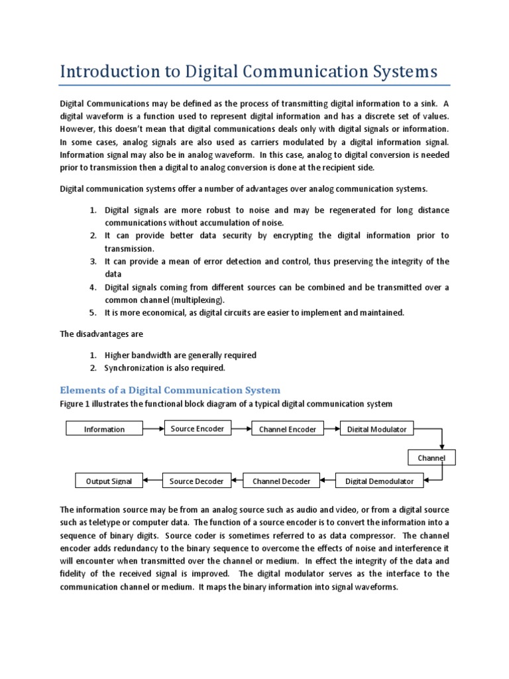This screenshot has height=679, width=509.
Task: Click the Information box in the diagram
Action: coord(104,429)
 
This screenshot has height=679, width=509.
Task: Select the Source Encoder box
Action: coord(197,428)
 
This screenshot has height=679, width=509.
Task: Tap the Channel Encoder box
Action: coord(288,429)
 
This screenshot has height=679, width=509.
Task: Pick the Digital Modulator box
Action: coord(376,429)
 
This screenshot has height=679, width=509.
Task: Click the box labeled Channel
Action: coord(431,458)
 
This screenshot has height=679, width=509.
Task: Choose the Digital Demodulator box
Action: coord(379,481)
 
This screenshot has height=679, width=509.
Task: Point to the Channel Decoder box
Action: coord(281,481)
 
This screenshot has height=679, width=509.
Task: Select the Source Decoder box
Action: coord(197,481)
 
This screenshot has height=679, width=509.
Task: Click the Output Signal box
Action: coord(109,481)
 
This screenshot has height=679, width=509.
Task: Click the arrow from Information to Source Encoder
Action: coord(153,428)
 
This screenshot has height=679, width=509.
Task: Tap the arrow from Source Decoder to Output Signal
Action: coord(152,480)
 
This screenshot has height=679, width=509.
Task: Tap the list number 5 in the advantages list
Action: coord(93,312)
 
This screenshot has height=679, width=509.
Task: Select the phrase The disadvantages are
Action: coord(101,334)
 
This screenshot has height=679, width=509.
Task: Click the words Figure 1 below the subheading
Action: coord(77,404)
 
